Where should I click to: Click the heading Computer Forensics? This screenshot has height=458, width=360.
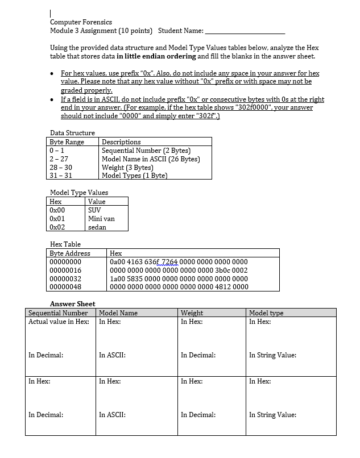coord(81,22)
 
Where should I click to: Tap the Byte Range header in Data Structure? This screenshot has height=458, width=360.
coord(67,142)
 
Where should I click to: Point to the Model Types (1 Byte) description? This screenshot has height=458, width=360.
coord(134,176)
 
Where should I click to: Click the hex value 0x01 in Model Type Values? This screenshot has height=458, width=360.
coord(57,219)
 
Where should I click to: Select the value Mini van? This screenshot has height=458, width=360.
coord(101,219)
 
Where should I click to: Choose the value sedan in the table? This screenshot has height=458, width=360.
coord(97,227)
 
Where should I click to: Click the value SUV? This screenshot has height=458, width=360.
coord(94,210)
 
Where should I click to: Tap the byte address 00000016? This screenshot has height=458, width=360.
coord(65,270)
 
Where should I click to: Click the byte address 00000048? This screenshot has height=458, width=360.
coord(65,287)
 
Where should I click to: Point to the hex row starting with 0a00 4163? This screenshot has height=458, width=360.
coord(178,262)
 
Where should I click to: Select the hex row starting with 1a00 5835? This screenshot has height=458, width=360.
coord(178,279)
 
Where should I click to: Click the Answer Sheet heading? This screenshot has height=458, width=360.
coord(73,304)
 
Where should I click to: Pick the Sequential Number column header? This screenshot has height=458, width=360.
coord(58,313)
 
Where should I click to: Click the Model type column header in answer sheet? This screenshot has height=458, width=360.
coord(266,313)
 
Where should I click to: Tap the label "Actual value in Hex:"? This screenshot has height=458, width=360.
coord(59,322)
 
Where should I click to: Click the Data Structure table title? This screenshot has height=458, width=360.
coord(73,133)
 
